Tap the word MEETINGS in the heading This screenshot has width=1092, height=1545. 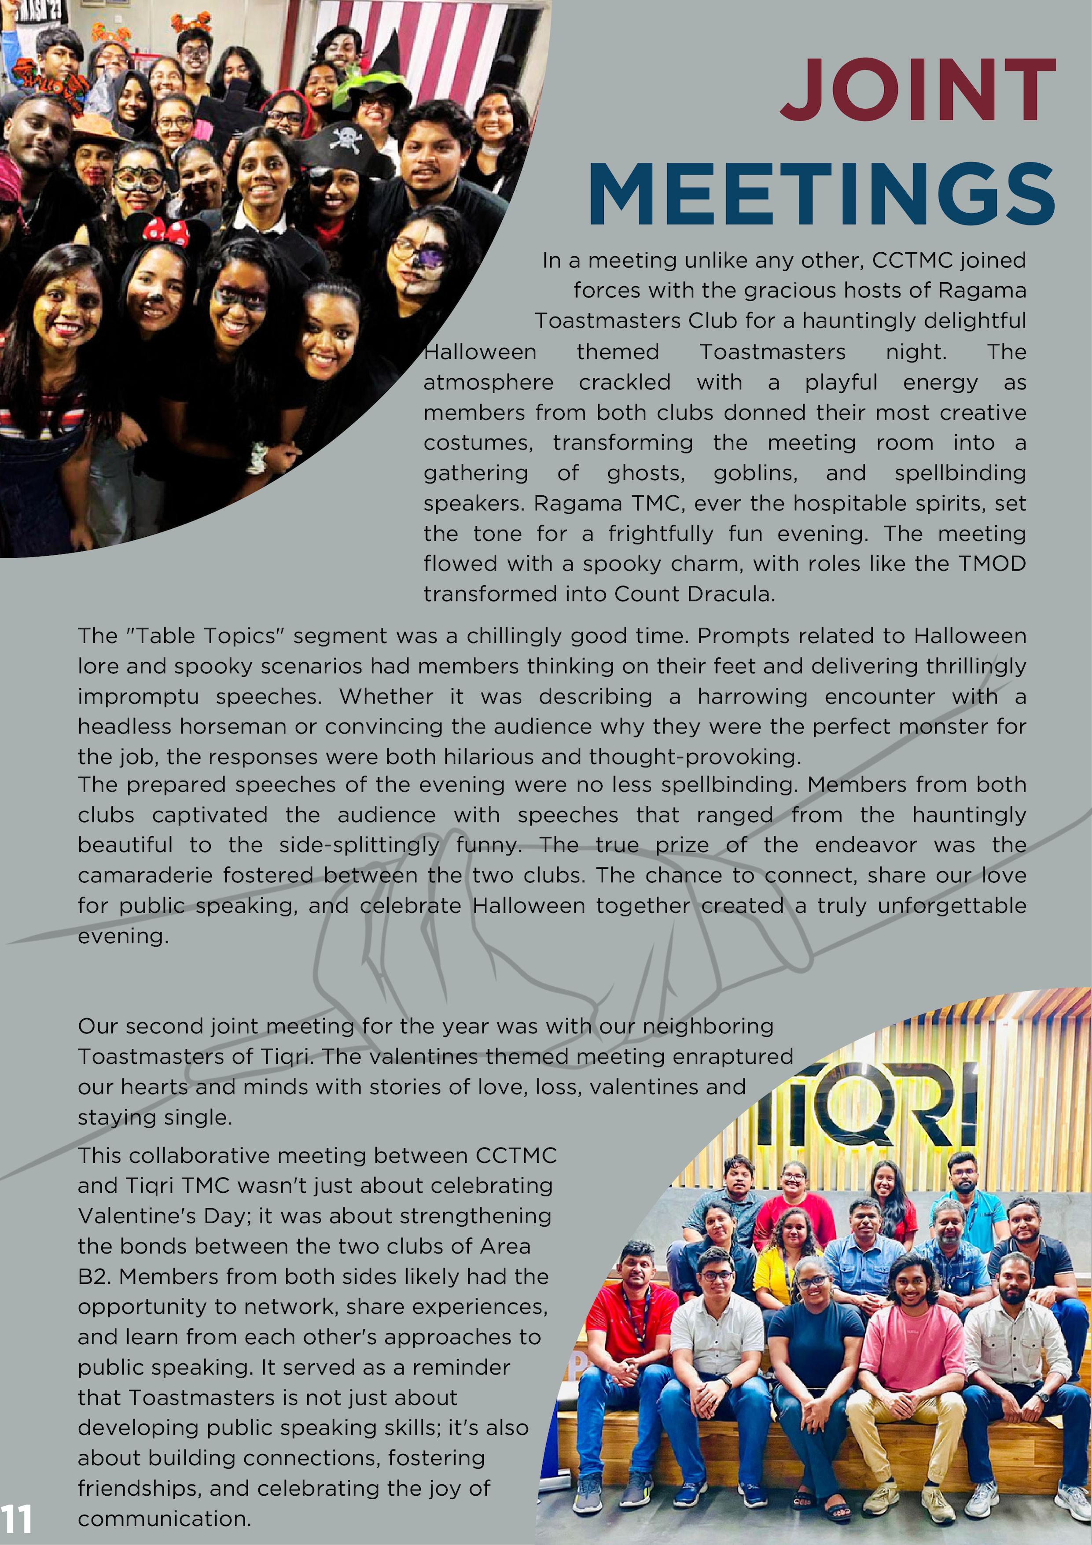(x=821, y=195)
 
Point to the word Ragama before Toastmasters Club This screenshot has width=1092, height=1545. (x=982, y=291)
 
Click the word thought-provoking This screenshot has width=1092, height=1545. (x=695, y=757)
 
